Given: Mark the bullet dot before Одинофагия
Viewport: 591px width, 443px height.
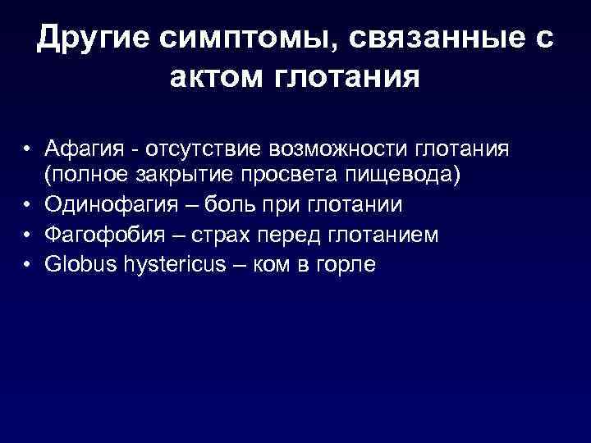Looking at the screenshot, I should click(28, 205).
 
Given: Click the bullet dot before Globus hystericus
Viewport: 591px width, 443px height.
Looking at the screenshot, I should click(28, 264).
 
